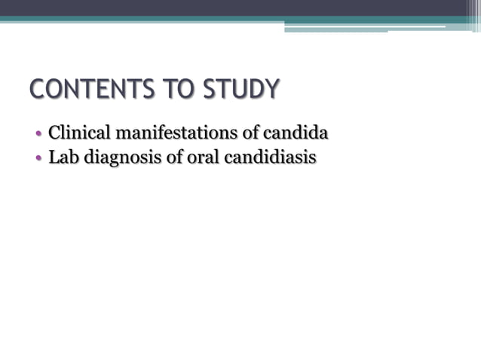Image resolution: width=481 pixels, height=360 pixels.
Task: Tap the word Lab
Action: (x=63, y=158)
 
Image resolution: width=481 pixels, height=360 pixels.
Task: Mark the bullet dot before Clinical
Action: (x=38, y=136)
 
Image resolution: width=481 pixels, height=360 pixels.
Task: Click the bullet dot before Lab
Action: (x=38, y=160)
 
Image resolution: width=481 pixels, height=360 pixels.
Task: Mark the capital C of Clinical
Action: (x=54, y=134)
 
